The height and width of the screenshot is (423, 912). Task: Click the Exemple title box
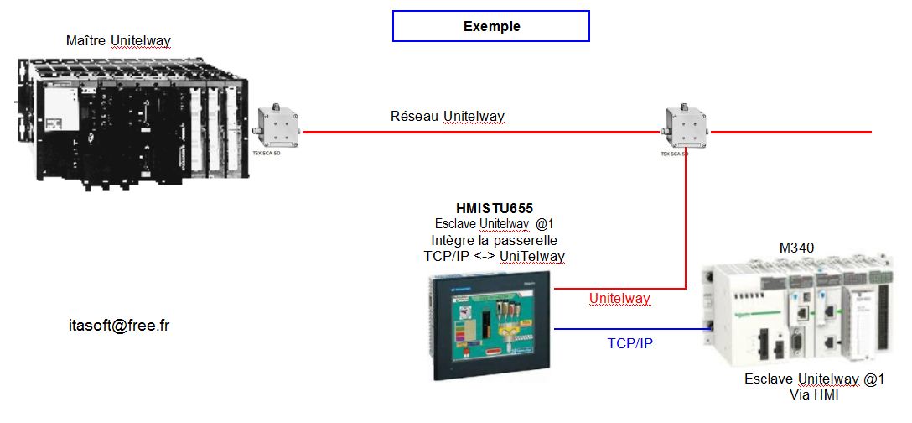491,26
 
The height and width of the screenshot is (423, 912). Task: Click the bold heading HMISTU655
494,208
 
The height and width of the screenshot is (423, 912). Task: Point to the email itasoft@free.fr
119,326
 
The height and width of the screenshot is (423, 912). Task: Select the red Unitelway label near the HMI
619,299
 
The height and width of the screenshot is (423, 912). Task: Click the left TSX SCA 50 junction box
277,128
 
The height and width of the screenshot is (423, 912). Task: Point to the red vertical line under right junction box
686,218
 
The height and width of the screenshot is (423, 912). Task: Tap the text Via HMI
814,395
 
